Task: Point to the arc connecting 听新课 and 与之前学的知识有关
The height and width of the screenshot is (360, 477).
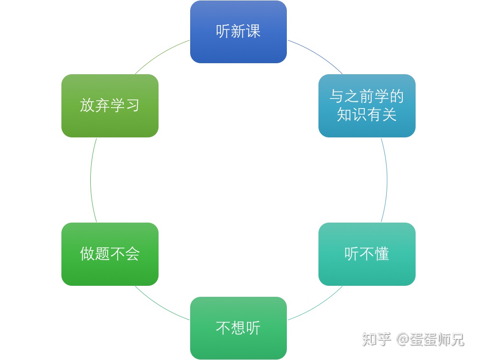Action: pyautogui.click(x=316, y=55)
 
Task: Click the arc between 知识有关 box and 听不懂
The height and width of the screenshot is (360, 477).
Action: pyautogui.click(x=387, y=180)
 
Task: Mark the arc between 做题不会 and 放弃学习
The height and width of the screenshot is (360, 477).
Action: pyautogui.click(x=90, y=180)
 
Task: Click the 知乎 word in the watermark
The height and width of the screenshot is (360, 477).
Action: pyautogui.click(x=377, y=339)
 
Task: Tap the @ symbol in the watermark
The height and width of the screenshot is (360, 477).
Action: pyautogui.click(x=402, y=339)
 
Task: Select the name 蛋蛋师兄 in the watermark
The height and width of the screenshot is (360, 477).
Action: pyautogui.click(x=437, y=339)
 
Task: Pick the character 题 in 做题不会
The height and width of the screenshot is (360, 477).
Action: pyautogui.click(x=102, y=253)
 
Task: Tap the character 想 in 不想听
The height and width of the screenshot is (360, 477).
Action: pyautogui.click(x=238, y=327)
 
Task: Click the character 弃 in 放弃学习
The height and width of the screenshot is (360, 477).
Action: pyautogui.click(x=102, y=105)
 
